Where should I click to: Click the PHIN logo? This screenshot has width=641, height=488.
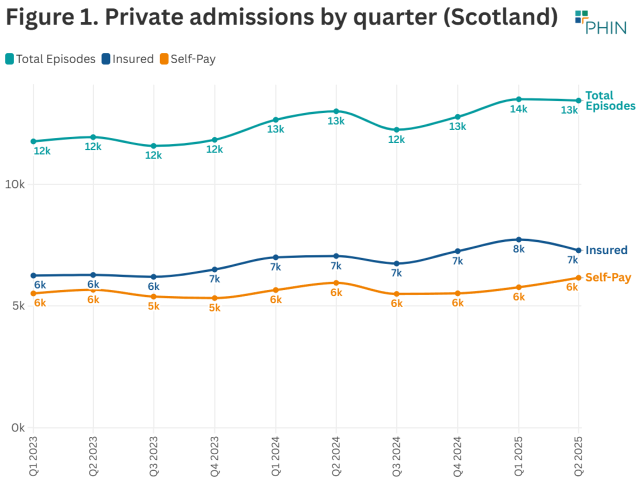click(x=600, y=21)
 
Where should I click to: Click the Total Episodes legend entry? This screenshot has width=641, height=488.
click(x=51, y=59)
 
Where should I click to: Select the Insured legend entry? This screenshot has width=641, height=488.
click(x=127, y=59)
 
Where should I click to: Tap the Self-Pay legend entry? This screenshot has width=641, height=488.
click(x=187, y=59)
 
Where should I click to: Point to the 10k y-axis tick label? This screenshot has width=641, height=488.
click(x=15, y=185)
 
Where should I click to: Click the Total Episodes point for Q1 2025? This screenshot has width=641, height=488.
click(x=518, y=99)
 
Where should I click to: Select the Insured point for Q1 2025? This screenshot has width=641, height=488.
click(x=518, y=240)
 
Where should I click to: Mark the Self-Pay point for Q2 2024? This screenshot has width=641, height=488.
click(x=336, y=283)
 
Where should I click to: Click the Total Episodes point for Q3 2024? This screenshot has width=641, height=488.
click(x=396, y=130)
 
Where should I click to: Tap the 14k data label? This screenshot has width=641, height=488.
click(x=518, y=109)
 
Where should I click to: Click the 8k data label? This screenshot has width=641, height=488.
click(x=518, y=249)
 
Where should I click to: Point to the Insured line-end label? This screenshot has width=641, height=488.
click(x=606, y=251)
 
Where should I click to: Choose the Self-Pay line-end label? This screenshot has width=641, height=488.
click(x=608, y=278)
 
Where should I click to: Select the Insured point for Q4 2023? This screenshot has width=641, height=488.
click(x=215, y=270)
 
